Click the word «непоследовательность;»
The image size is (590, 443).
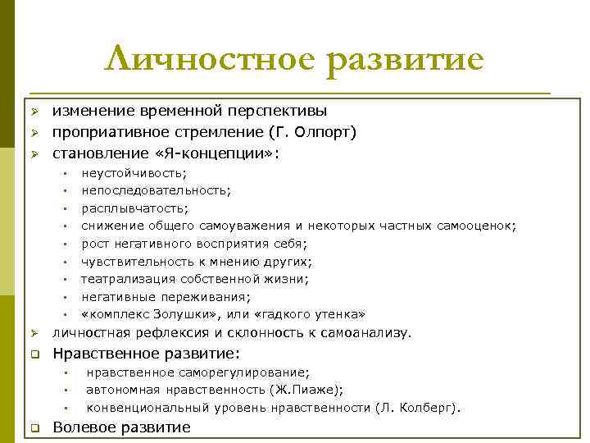tap(156, 190)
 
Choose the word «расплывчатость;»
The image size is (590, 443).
tap(134, 208)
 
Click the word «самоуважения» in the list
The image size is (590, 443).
tap(248, 226)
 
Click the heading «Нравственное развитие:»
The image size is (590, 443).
tap(147, 354)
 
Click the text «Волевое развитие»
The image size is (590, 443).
tap(121, 427)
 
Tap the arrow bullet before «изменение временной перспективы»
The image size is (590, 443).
tap(35, 111)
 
